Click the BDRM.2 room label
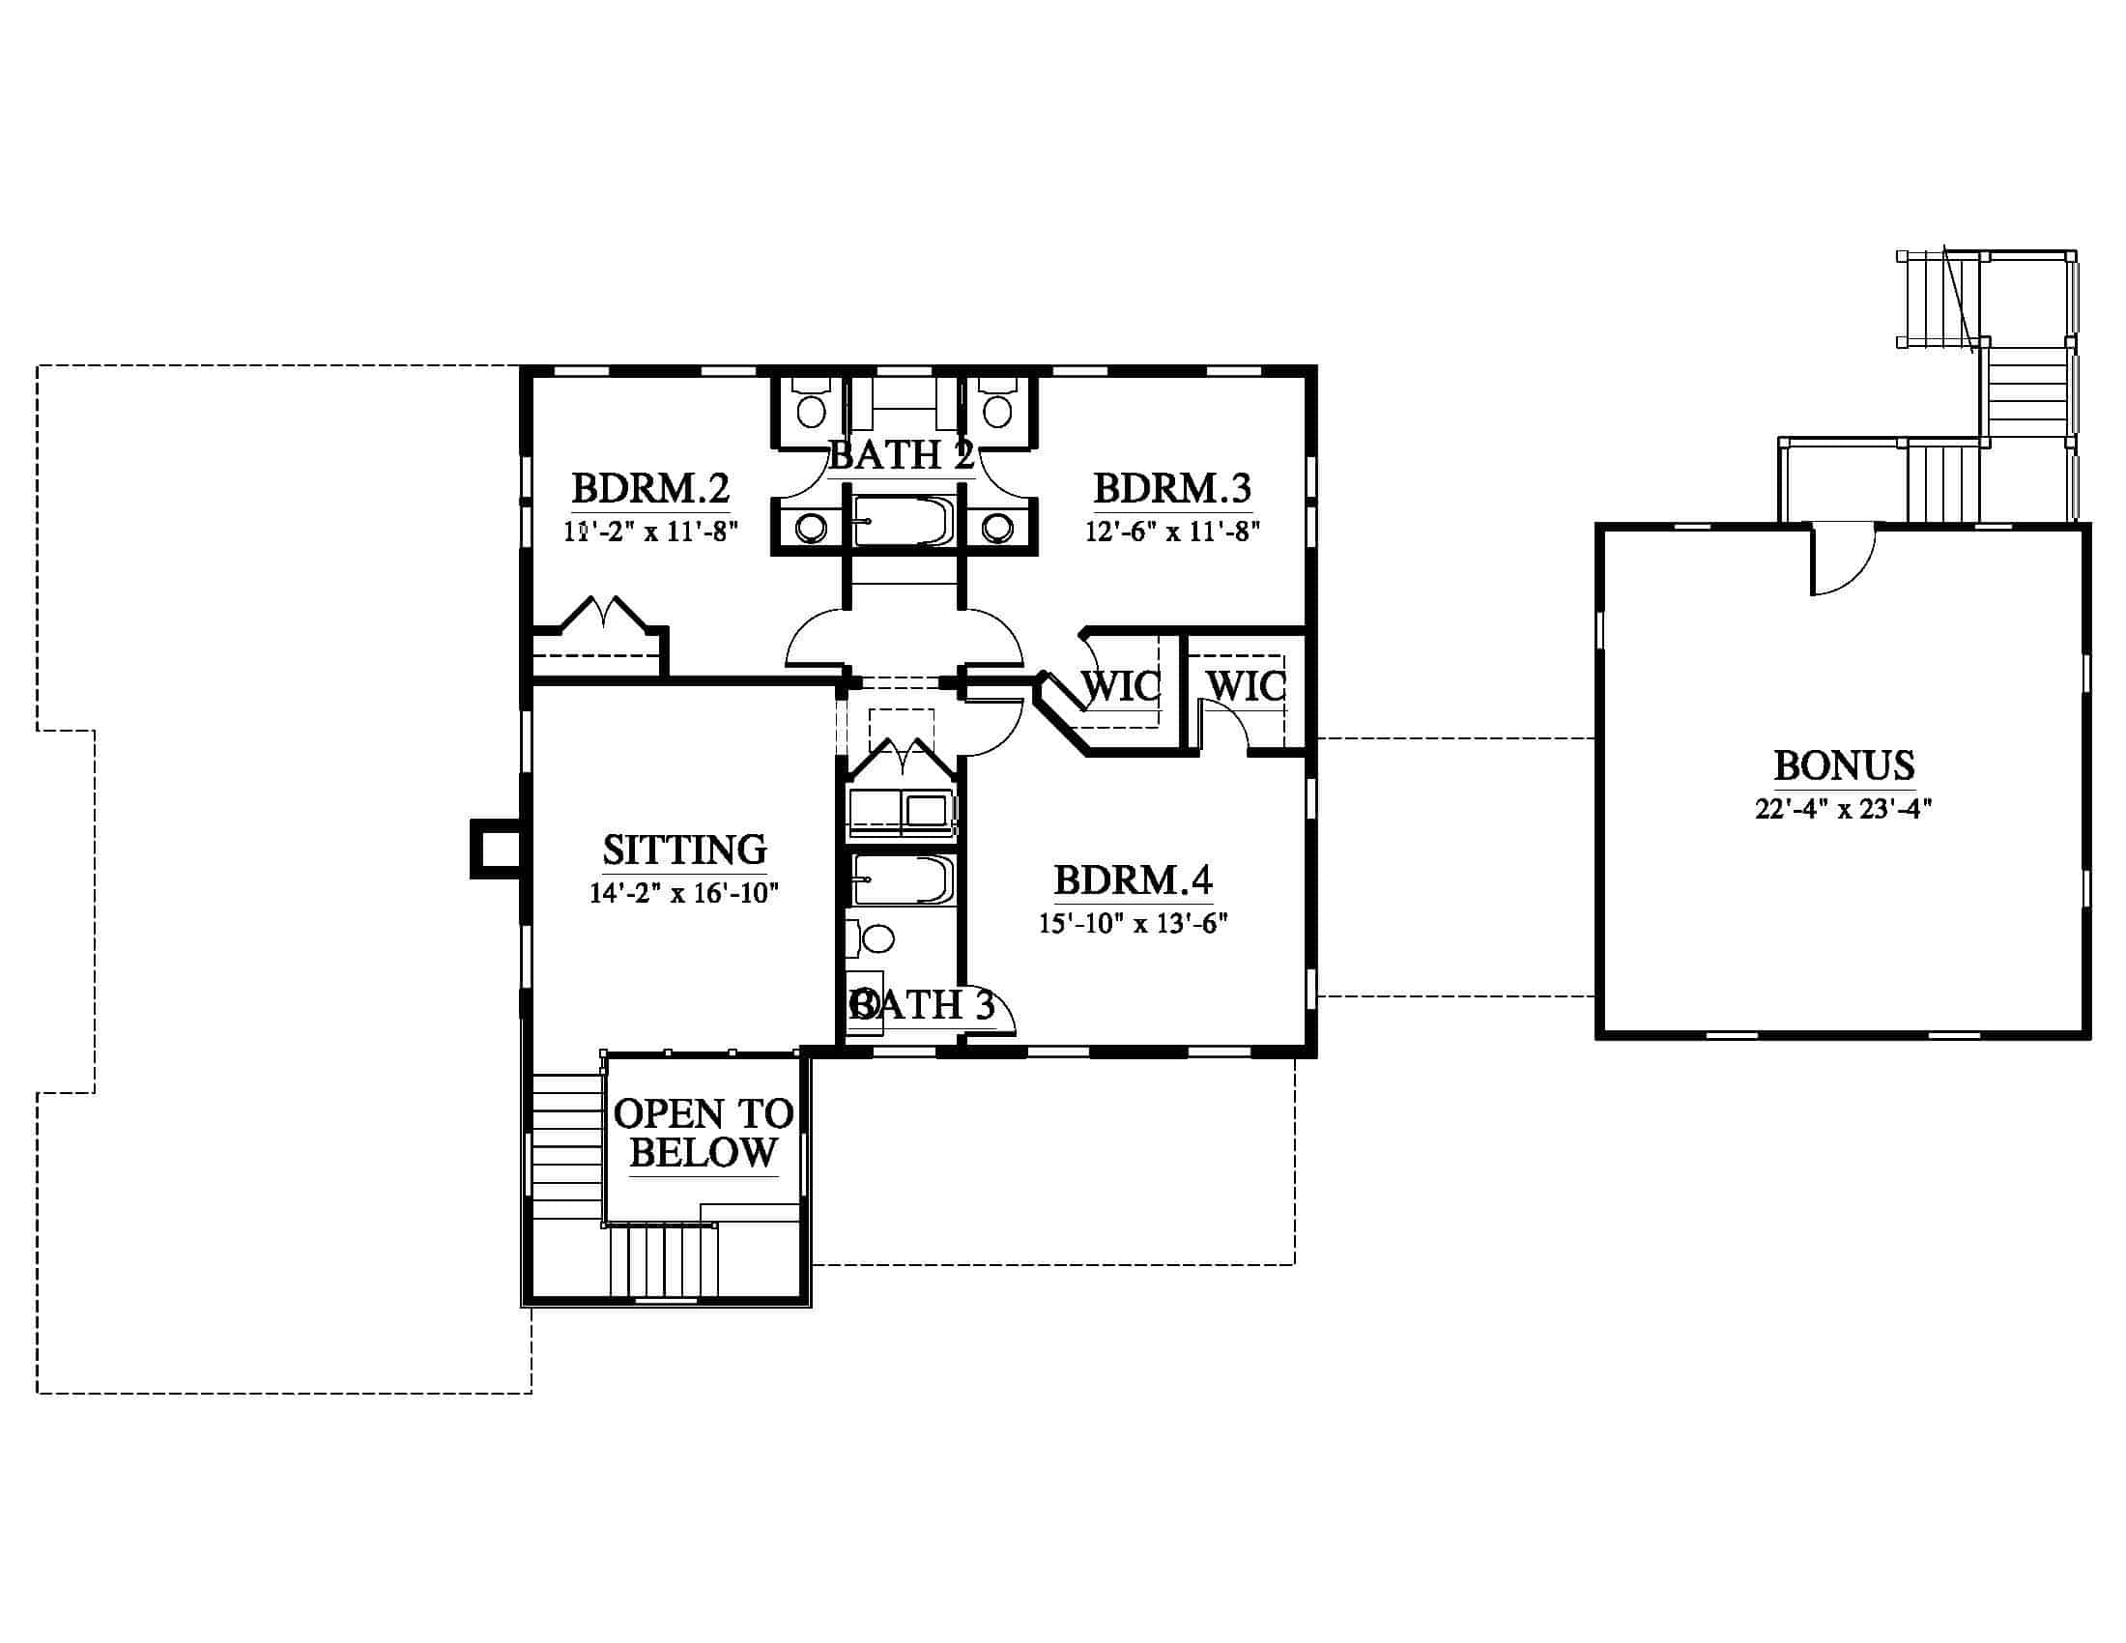[x=650, y=489]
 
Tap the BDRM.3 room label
[x=1173, y=489]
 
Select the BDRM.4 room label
[x=1134, y=879]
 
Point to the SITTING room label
[x=684, y=850]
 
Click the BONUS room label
[x=1845, y=766]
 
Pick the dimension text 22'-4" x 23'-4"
[x=1844, y=809]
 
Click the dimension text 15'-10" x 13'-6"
[x=1134, y=923]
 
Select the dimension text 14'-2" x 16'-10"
[x=683, y=893]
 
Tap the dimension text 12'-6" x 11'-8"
[x=1173, y=532]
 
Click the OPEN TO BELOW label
[x=703, y=1133]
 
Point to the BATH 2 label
[x=902, y=454]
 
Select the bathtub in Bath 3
[x=902, y=879]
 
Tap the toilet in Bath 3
[x=872, y=939]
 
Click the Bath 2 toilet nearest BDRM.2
[x=811, y=405]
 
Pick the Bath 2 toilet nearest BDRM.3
[x=997, y=405]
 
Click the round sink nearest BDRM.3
[x=997, y=529]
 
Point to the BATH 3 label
[x=922, y=1004]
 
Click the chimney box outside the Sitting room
[x=497, y=850]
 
